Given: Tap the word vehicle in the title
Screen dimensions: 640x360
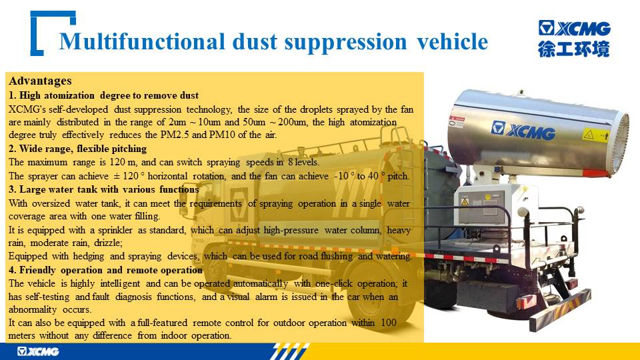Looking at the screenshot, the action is (x=452, y=41).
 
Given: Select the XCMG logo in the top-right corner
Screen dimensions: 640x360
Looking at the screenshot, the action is (x=574, y=28).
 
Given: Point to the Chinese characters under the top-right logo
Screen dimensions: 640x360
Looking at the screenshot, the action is (x=573, y=49).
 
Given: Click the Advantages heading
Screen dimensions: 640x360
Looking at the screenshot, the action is (x=40, y=81).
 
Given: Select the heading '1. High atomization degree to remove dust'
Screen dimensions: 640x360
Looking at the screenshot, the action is (x=104, y=95).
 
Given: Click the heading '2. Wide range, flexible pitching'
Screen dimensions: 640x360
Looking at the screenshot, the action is (x=77, y=149).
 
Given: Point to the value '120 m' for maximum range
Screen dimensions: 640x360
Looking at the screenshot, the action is (x=123, y=162).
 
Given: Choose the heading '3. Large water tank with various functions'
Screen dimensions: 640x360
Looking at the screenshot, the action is (x=104, y=189).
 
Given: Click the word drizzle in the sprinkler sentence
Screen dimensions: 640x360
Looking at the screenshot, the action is (x=107, y=243).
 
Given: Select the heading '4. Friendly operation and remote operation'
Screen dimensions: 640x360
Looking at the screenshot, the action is (x=105, y=270).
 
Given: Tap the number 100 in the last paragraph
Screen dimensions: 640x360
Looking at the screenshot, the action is (x=389, y=323).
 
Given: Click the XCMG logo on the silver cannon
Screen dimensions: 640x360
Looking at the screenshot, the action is (x=523, y=130).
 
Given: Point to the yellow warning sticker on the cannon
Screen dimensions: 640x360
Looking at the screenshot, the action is (x=596, y=135).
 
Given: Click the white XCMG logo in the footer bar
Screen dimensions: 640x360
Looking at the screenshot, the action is (x=38, y=351).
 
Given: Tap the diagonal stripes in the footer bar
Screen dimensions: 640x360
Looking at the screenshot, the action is (x=289, y=351).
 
